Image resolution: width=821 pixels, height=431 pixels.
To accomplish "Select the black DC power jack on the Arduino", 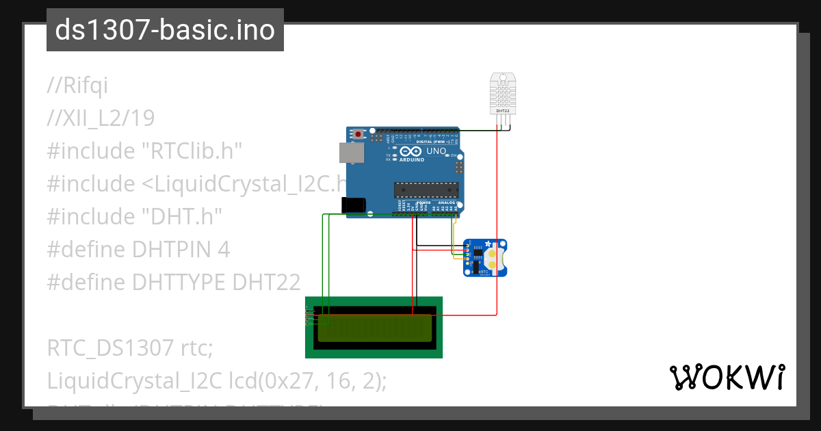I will tap(354, 204).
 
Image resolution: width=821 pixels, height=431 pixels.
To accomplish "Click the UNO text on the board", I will tap(436, 151).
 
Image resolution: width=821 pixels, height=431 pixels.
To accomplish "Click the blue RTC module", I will tap(485, 257).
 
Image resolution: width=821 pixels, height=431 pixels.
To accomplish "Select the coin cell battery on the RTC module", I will tap(492, 257).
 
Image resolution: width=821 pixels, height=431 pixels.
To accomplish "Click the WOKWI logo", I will tap(727, 378).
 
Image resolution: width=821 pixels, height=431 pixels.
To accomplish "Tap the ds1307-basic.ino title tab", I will tap(165, 30).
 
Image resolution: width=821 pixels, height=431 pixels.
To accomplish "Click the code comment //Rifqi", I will tap(77, 86).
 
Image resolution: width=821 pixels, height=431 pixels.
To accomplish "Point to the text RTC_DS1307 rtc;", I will tap(131, 348).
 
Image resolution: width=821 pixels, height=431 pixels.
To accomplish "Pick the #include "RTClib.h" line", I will tap(144, 151).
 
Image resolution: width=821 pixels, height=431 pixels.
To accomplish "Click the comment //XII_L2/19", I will tap(101, 118).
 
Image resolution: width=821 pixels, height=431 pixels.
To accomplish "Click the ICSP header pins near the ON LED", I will tap(459, 166).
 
